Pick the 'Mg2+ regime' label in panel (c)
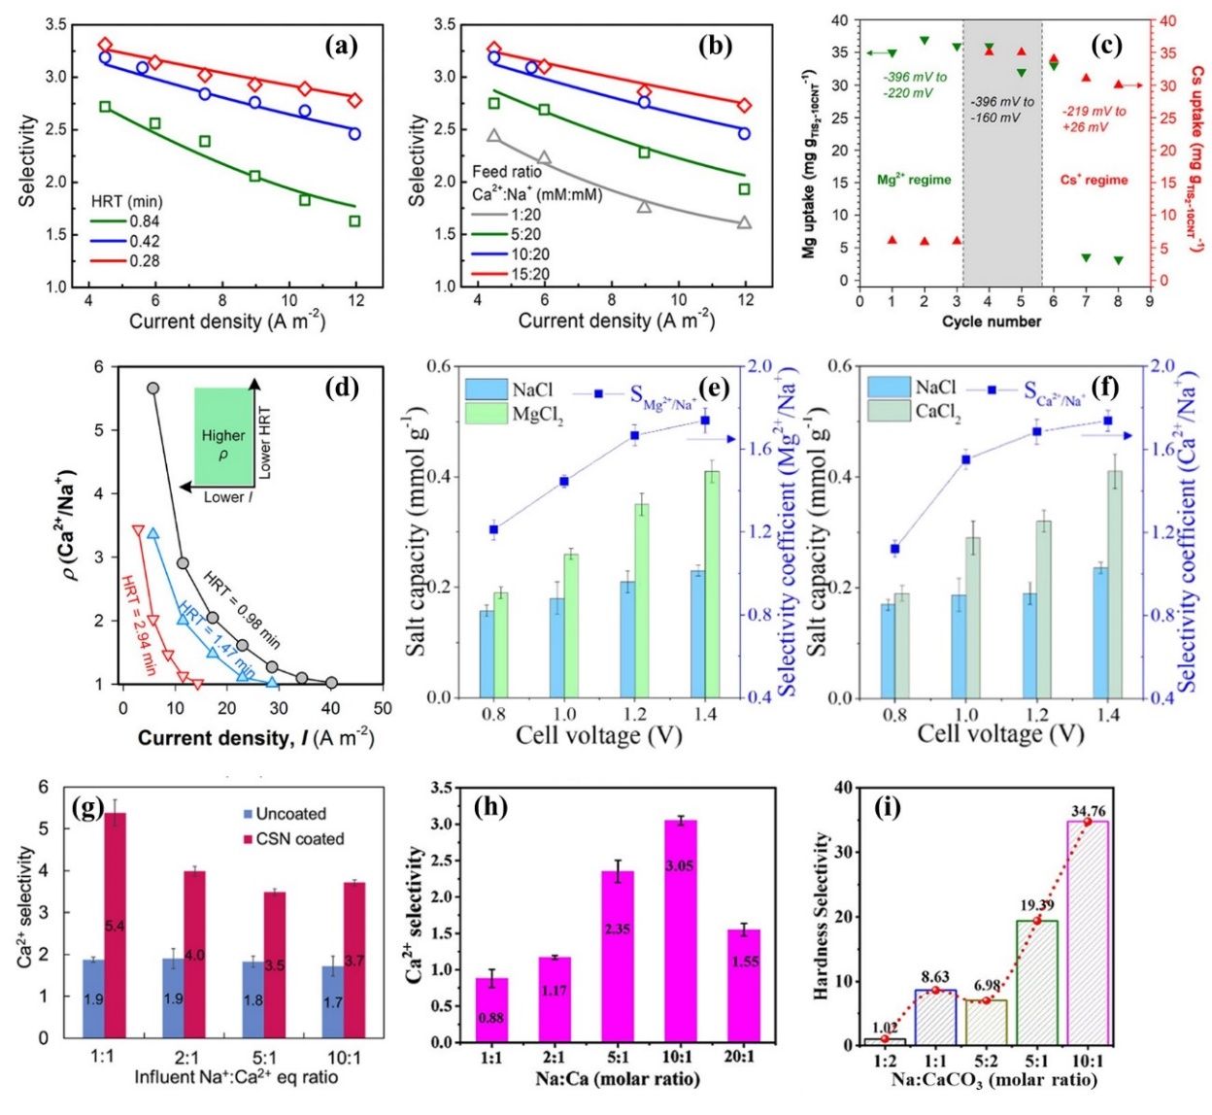914,180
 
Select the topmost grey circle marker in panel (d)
152,388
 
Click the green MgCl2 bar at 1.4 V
712,583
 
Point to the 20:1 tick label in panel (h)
744,1056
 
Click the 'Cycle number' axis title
991,321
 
